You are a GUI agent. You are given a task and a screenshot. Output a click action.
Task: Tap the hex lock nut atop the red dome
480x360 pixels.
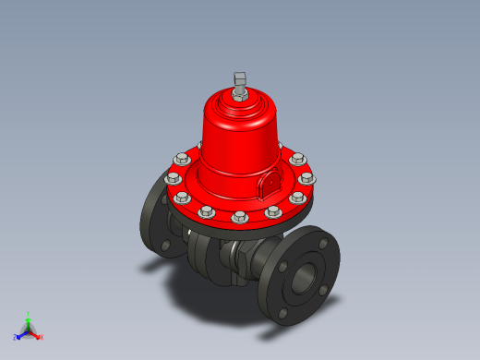[x=241, y=93]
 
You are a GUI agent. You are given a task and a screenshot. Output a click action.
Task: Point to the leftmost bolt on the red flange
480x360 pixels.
[x=173, y=179]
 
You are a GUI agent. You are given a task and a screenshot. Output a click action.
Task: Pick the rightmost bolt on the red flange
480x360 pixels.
[x=307, y=178]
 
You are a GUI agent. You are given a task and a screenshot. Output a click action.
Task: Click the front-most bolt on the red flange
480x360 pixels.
[x=240, y=218]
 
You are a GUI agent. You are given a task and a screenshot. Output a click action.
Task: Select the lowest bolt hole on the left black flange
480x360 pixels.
[x=165, y=246]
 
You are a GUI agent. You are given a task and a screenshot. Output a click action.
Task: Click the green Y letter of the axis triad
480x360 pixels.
[x=30, y=314]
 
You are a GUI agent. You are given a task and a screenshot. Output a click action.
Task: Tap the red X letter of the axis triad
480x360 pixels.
[x=42, y=337]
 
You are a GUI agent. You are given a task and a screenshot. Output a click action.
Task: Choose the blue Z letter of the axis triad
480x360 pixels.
[x=15, y=337]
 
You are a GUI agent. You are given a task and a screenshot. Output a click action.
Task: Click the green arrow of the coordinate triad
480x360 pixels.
[x=29, y=321]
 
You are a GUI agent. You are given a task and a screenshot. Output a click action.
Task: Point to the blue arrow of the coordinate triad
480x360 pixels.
[x=21, y=333]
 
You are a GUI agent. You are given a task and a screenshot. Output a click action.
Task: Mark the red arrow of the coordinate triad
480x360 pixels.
[x=35, y=334]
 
